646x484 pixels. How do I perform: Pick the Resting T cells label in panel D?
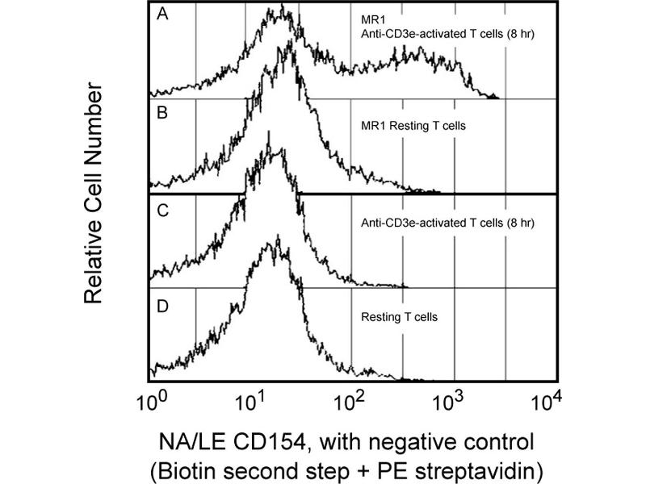tap(399, 318)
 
